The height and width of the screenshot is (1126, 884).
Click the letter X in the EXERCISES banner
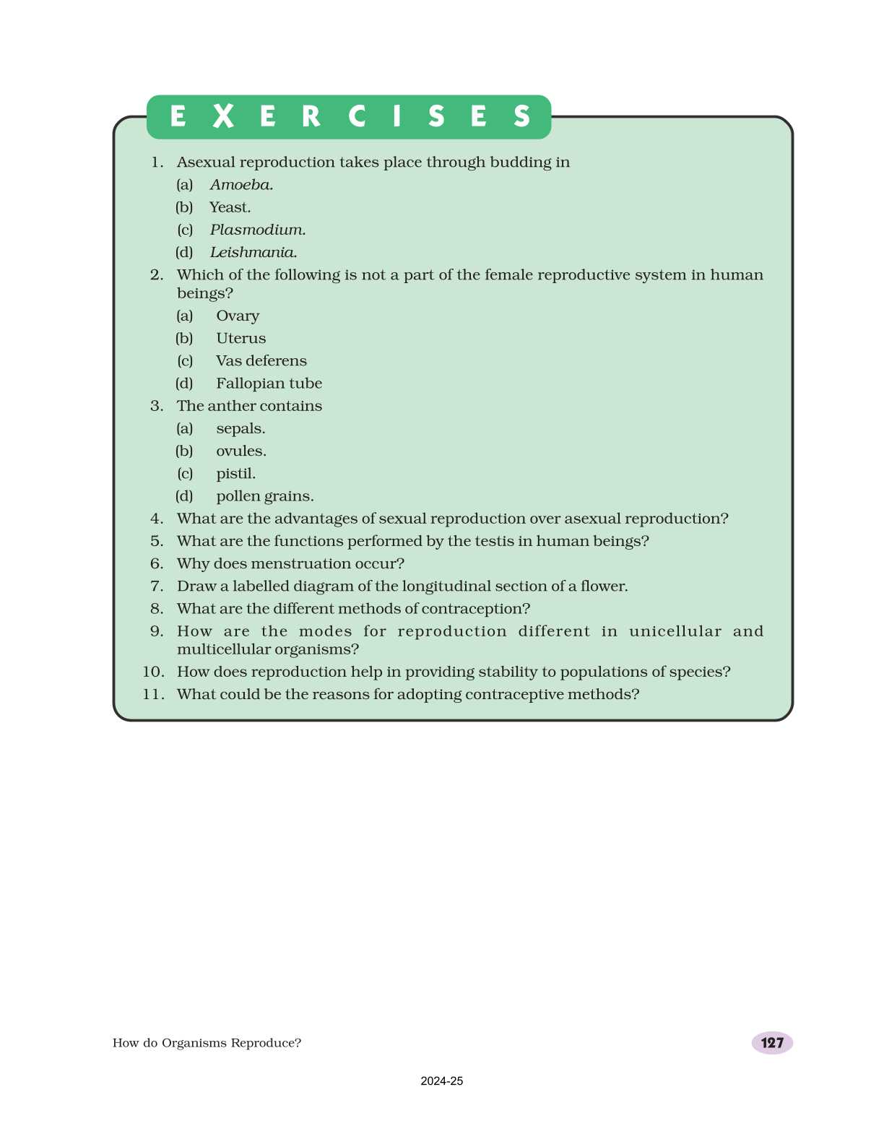pyautogui.click(x=224, y=116)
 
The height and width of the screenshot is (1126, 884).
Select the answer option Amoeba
pyautogui.click(x=241, y=185)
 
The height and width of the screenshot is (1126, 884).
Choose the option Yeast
pyautogui.click(x=230, y=207)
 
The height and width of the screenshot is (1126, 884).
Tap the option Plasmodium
pyautogui.click(x=258, y=230)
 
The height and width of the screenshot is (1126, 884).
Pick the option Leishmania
pyautogui.click(x=253, y=252)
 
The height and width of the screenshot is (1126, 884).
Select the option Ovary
pyautogui.click(x=238, y=316)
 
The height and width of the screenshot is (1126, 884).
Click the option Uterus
pyautogui.click(x=240, y=338)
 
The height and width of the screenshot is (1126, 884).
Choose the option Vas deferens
pyautogui.click(x=261, y=360)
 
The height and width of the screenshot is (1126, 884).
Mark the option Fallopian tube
pyautogui.click(x=269, y=384)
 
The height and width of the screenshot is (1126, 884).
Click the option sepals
pyautogui.click(x=240, y=429)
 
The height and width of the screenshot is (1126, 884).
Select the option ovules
pyautogui.click(x=241, y=451)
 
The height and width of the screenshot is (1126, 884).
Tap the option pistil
pyautogui.click(x=235, y=474)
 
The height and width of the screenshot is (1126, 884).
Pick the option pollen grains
pyautogui.click(x=264, y=496)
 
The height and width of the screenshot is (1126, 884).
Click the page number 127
pyautogui.click(x=772, y=1043)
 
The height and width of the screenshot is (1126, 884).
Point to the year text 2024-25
pyautogui.click(x=442, y=1081)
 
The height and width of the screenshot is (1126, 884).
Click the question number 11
pyautogui.click(x=153, y=695)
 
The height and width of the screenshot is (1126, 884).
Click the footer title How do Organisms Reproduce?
pyautogui.click(x=207, y=1043)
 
